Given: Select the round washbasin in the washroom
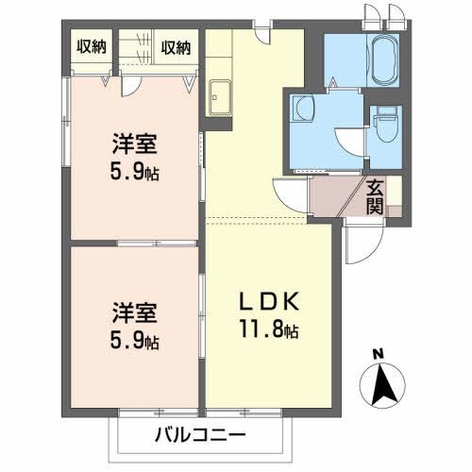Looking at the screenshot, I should click(x=303, y=110).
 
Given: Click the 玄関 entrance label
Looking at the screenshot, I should click(x=376, y=195).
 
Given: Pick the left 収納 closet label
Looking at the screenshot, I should click(x=92, y=46).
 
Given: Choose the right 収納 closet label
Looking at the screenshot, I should click(x=176, y=46).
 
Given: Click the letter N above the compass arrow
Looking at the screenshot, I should click(x=379, y=355).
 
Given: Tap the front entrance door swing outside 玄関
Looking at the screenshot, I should click(x=359, y=245).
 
